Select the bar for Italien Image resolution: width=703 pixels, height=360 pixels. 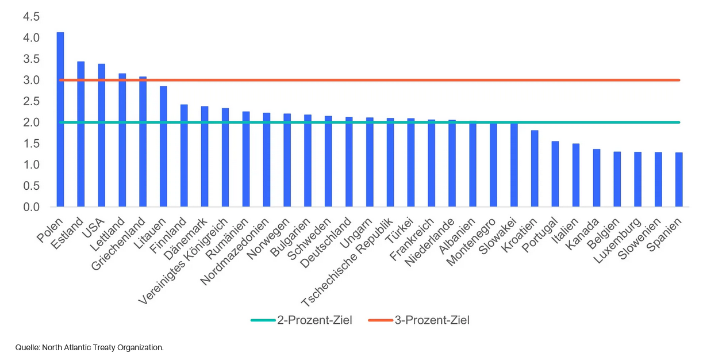576,175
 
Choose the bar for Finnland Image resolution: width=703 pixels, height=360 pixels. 184,155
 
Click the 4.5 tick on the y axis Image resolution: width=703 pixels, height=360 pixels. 31,17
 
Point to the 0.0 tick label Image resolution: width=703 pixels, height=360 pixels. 31,206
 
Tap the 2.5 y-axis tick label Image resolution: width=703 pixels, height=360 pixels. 31,101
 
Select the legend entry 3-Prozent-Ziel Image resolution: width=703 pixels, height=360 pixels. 432,320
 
